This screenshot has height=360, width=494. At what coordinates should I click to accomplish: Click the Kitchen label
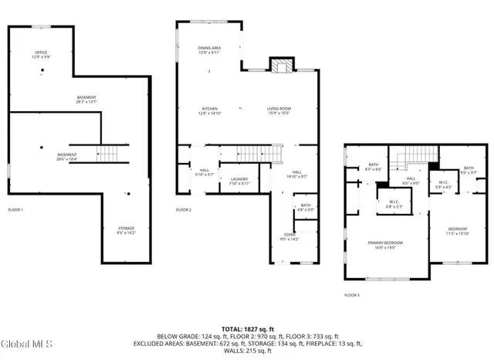click(x=209, y=110)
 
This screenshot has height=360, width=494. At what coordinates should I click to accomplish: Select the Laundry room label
click(x=239, y=181)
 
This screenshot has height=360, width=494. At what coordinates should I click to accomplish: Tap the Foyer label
click(x=289, y=237)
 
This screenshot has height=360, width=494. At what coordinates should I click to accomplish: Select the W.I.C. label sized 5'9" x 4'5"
click(x=443, y=184)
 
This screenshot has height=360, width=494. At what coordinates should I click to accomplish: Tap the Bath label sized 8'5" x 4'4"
click(x=374, y=166)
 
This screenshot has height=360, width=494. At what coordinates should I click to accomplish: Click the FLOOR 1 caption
click(x=15, y=210)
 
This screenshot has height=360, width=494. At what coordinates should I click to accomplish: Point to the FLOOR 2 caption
click(x=183, y=210)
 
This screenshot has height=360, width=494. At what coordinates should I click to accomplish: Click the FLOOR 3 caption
click(x=352, y=294)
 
